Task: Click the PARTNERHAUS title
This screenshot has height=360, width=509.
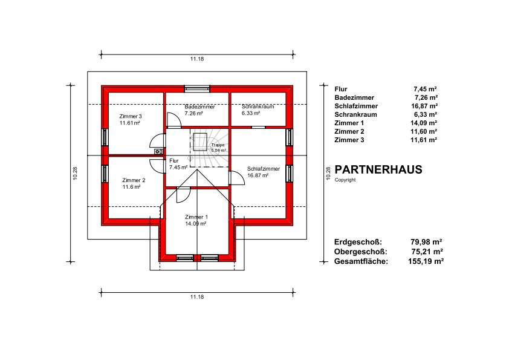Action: tap(378, 169)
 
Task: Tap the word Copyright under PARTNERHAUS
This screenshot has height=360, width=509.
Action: tap(345, 180)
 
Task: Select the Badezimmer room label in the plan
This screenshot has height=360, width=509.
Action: tap(199, 106)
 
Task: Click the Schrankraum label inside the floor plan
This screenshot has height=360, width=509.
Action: tap(258, 106)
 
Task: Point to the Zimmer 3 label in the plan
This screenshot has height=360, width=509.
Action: tap(131, 116)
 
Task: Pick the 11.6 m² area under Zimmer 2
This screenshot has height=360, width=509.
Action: tap(131, 187)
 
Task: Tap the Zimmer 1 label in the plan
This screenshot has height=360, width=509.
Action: tap(196, 217)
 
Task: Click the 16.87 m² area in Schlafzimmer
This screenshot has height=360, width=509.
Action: tap(258, 175)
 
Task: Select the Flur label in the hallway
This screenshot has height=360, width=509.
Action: tap(174, 161)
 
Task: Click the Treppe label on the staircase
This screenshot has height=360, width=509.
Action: tap(218, 145)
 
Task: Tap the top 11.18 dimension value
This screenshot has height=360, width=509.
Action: tap(197, 59)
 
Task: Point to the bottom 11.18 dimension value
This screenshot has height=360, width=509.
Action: tap(197, 297)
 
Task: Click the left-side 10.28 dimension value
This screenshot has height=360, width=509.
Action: tap(75, 174)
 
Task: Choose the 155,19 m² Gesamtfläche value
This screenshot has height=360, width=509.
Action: tap(426, 261)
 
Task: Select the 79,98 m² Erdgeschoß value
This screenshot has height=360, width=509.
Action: tap(426, 242)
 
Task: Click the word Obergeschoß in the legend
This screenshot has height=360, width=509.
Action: tap(361, 252)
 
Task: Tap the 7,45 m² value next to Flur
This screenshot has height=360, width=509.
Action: tap(425, 89)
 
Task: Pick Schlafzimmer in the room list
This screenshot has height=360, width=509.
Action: tap(356, 106)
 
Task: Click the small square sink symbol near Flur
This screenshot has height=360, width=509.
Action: tap(158, 151)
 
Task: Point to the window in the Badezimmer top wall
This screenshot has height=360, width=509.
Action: tap(197, 89)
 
